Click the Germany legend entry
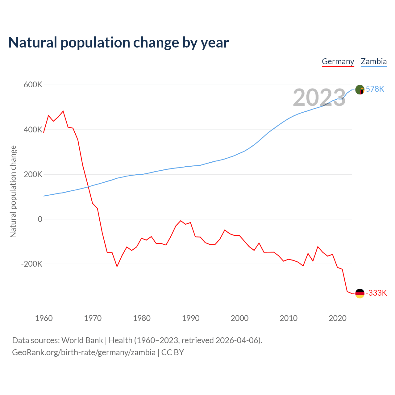click(338, 61)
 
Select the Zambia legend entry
click(374, 61)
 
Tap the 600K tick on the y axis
click(33, 85)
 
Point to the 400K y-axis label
click(33, 130)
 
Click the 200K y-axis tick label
click(33, 174)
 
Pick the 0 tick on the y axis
click(40, 219)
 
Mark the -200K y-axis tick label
click(32, 264)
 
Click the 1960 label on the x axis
click(44, 318)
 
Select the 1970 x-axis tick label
click(93, 318)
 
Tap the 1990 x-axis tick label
click(191, 318)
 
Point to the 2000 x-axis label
click(239, 318)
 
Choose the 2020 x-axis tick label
click(338, 318)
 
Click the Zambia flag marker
click(360, 90)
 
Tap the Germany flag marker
click(360, 293)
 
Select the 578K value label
click(375, 89)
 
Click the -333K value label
click(376, 293)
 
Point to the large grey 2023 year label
click(319, 98)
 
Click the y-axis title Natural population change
click(13, 191)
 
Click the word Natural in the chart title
click(33, 43)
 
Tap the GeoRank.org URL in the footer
click(84, 352)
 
